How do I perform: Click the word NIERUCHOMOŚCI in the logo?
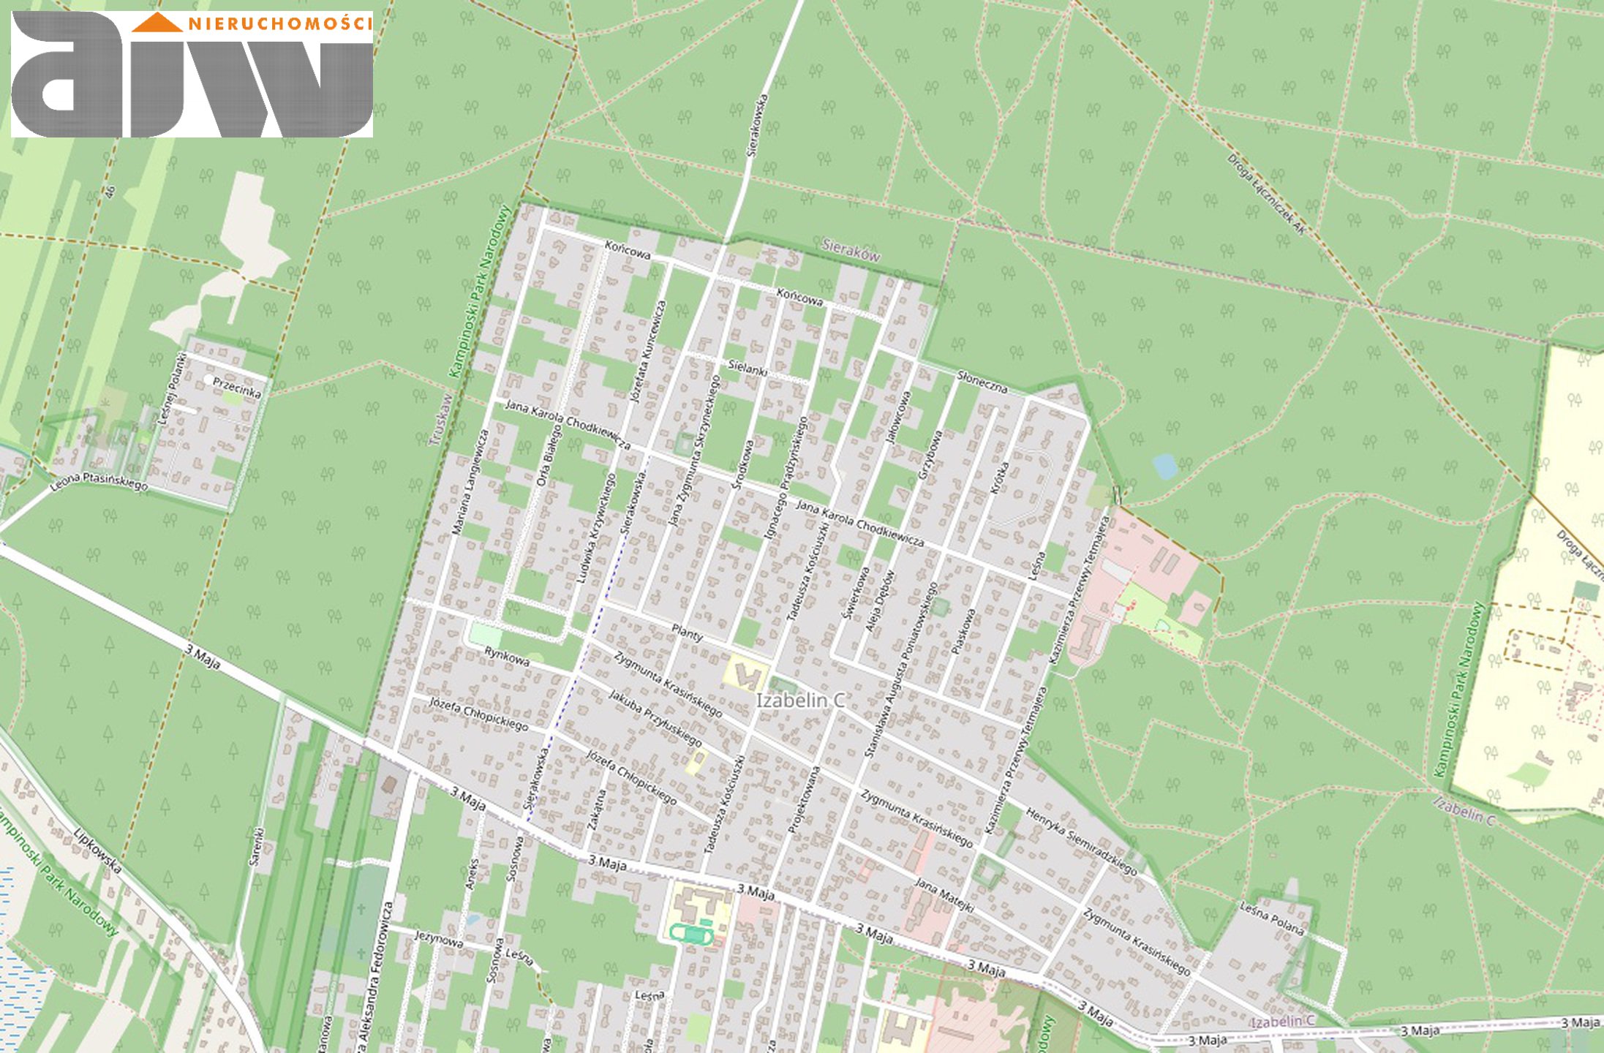281,23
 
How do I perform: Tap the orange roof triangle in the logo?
157,23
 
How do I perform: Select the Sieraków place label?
851,250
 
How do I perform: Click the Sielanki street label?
748,368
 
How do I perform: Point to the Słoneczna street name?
982,381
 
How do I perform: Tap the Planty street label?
687,633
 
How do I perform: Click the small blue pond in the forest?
1164,466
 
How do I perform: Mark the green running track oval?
691,934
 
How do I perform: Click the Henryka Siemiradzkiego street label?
1081,841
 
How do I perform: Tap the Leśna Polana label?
1271,918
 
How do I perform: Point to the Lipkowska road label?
97,851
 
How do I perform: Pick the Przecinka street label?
237,388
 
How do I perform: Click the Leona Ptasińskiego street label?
99,480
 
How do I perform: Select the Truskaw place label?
441,420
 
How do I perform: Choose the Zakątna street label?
596,808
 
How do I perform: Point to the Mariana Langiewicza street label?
470,482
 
